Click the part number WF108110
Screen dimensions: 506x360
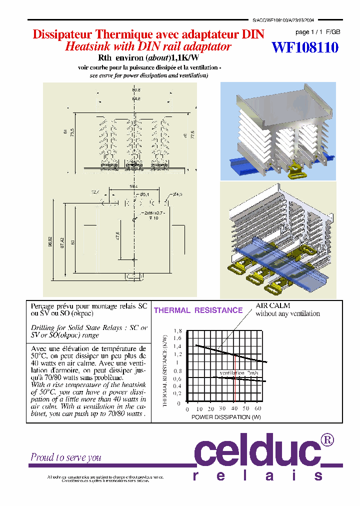point(305,47)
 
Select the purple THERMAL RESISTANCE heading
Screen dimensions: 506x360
point(198,310)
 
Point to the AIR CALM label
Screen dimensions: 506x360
point(272,305)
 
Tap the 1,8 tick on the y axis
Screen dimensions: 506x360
point(177,331)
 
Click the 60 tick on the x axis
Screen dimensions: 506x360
point(258,408)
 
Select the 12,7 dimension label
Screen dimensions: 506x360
point(95,192)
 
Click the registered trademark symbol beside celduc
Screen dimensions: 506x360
point(327,440)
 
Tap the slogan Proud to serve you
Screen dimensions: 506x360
point(66,457)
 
